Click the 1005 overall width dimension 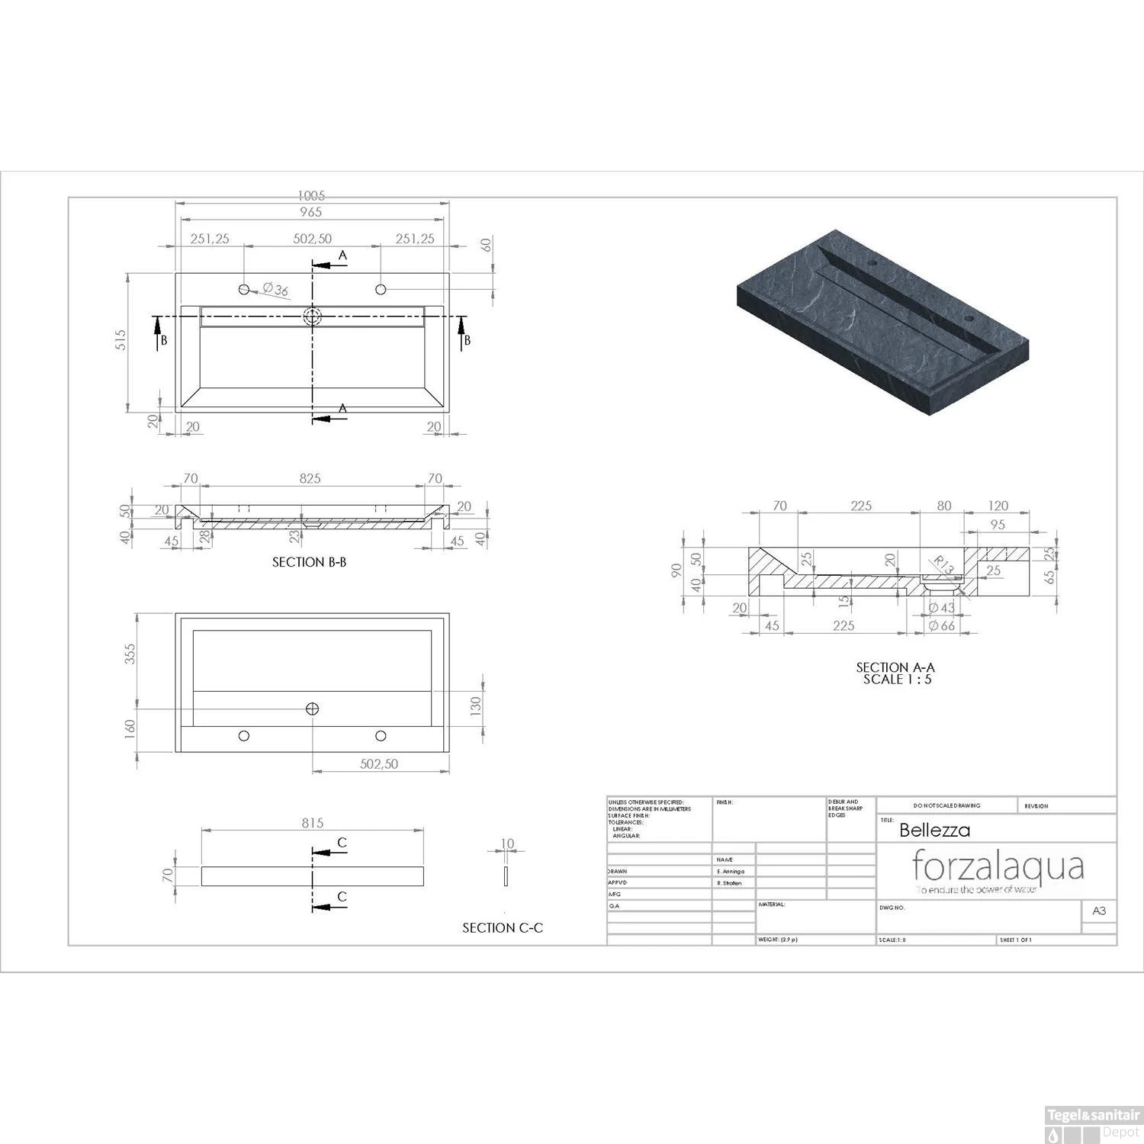tap(311, 196)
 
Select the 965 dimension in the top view tap(311, 212)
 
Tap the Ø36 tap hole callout tap(275, 290)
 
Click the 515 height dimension tap(121, 341)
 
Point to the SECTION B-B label tap(309, 562)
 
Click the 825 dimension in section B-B tap(310, 479)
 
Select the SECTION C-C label tap(503, 928)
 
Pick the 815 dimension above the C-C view tap(312, 823)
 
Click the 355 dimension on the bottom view tap(130, 654)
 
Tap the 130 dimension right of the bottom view tap(476, 706)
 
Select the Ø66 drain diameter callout tap(942, 626)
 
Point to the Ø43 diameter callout tap(942, 608)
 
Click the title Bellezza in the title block tap(934, 830)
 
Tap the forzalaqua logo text tap(998, 866)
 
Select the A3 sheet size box tap(1099, 911)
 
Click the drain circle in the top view tap(312, 317)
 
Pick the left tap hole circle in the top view tap(244, 289)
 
